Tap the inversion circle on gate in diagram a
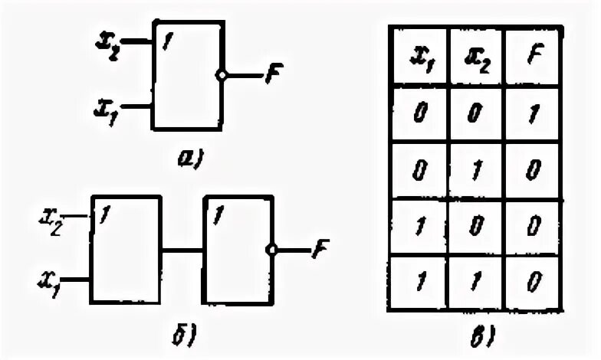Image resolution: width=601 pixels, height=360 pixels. pyautogui.click(x=222, y=76)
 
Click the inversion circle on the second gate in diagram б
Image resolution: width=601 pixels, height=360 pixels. pyautogui.click(x=271, y=249)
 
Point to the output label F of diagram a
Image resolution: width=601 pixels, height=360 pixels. pyautogui.click(x=273, y=75)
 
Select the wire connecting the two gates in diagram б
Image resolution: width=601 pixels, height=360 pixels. pyautogui.click(x=182, y=250)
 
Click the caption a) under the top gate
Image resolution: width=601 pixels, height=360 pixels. pyautogui.click(x=189, y=159)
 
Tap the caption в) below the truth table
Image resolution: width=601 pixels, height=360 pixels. pyautogui.click(x=475, y=335)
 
